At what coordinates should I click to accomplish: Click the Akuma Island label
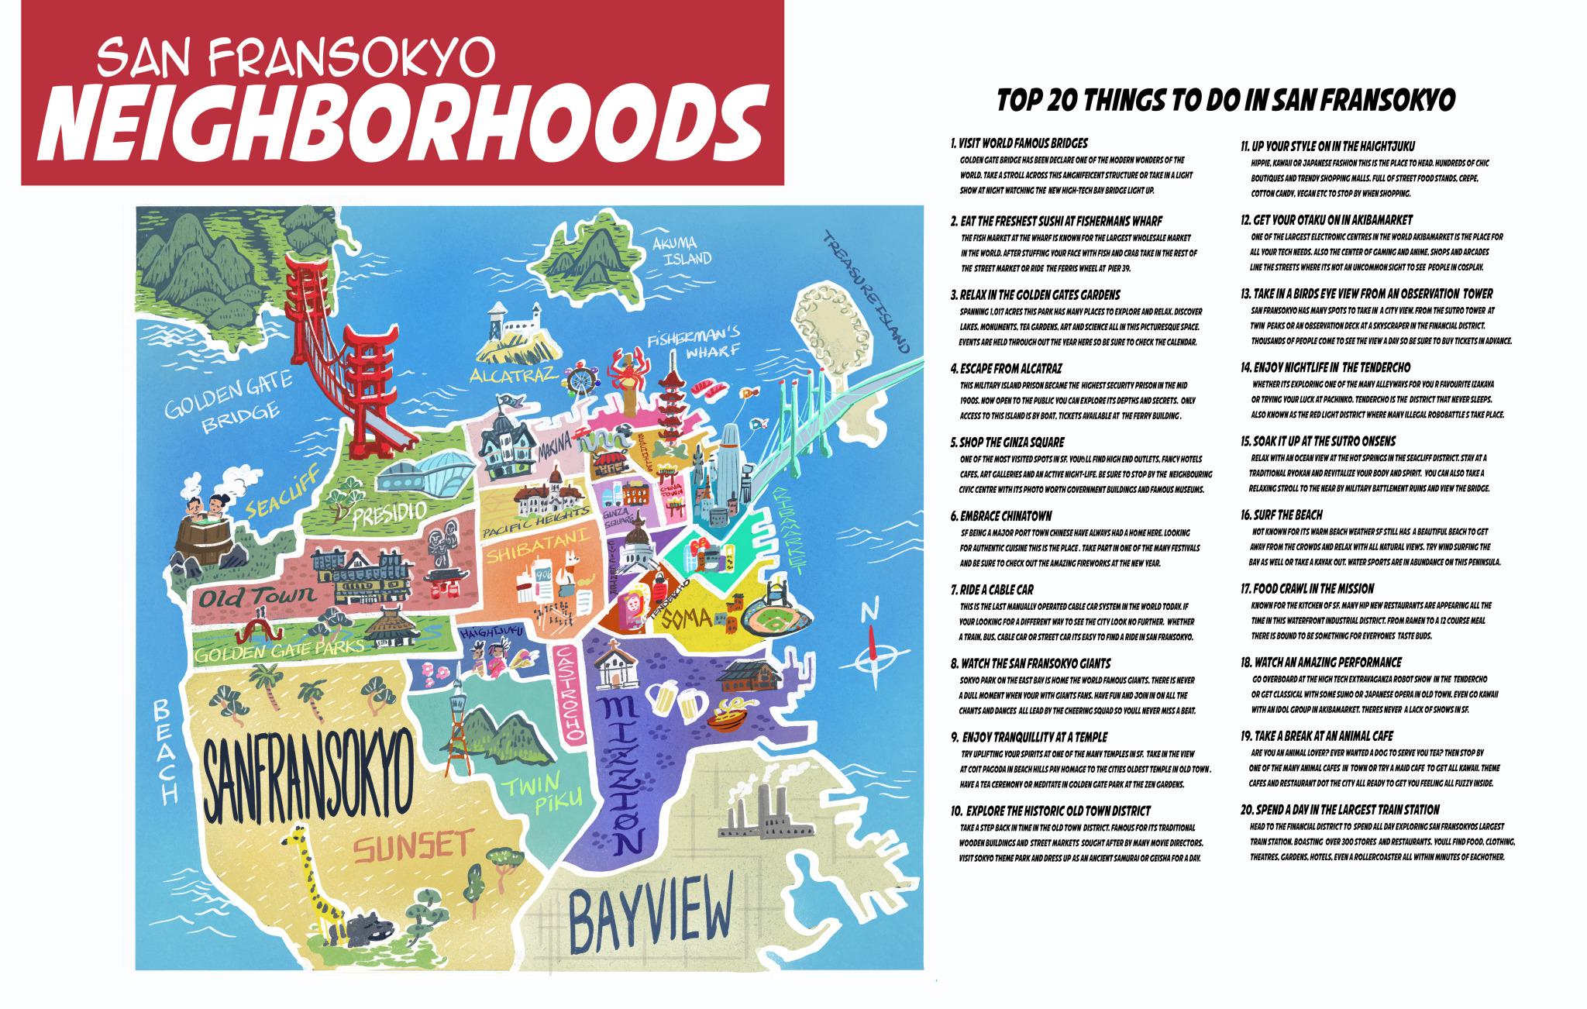coord(682,250)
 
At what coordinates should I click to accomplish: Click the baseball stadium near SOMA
coord(776,618)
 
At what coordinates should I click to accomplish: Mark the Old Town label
coord(246,596)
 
